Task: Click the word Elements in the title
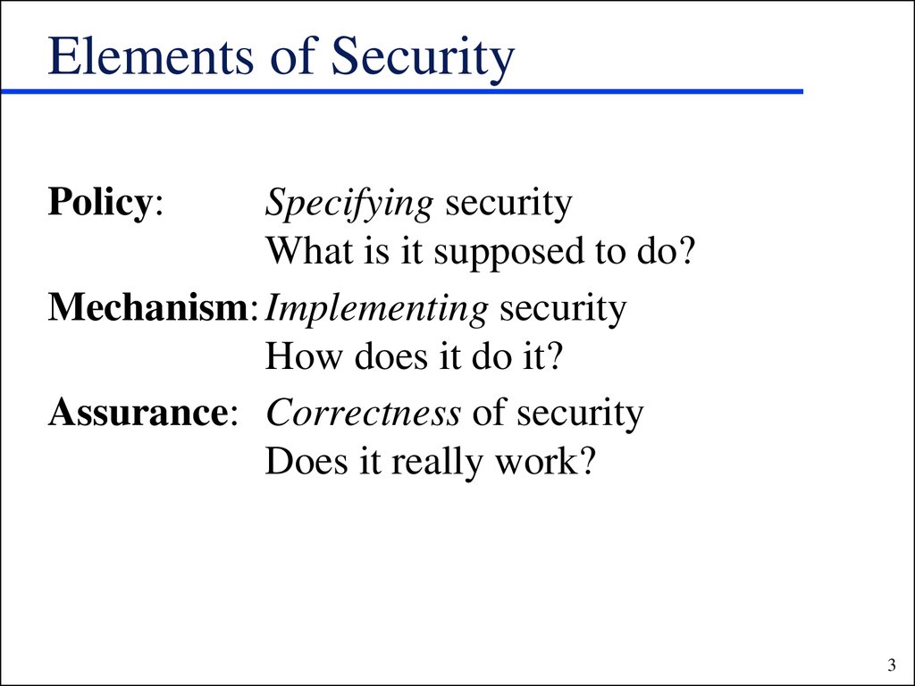pyautogui.click(x=150, y=56)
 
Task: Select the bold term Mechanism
pyautogui.click(x=148, y=307)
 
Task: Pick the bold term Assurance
pyautogui.click(x=137, y=413)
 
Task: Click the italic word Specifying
pyautogui.click(x=349, y=205)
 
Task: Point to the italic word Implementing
pyautogui.click(x=376, y=310)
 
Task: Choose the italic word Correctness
pyautogui.click(x=364, y=413)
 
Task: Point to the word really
pyautogui.click(x=437, y=464)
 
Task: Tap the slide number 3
pyautogui.click(x=892, y=665)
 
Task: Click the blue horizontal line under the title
pyautogui.click(x=402, y=92)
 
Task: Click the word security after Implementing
pyautogui.click(x=563, y=310)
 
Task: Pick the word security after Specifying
pyautogui.click(x=508, y=205)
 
